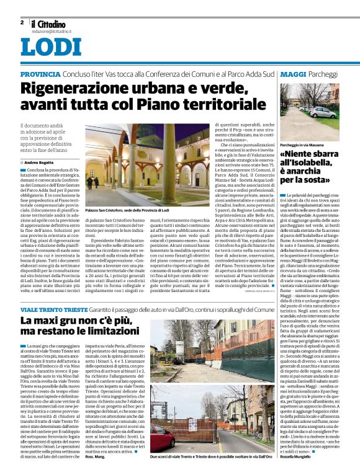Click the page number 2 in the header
(x=21, y=22)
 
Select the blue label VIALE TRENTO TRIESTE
(x=55, y=308)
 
